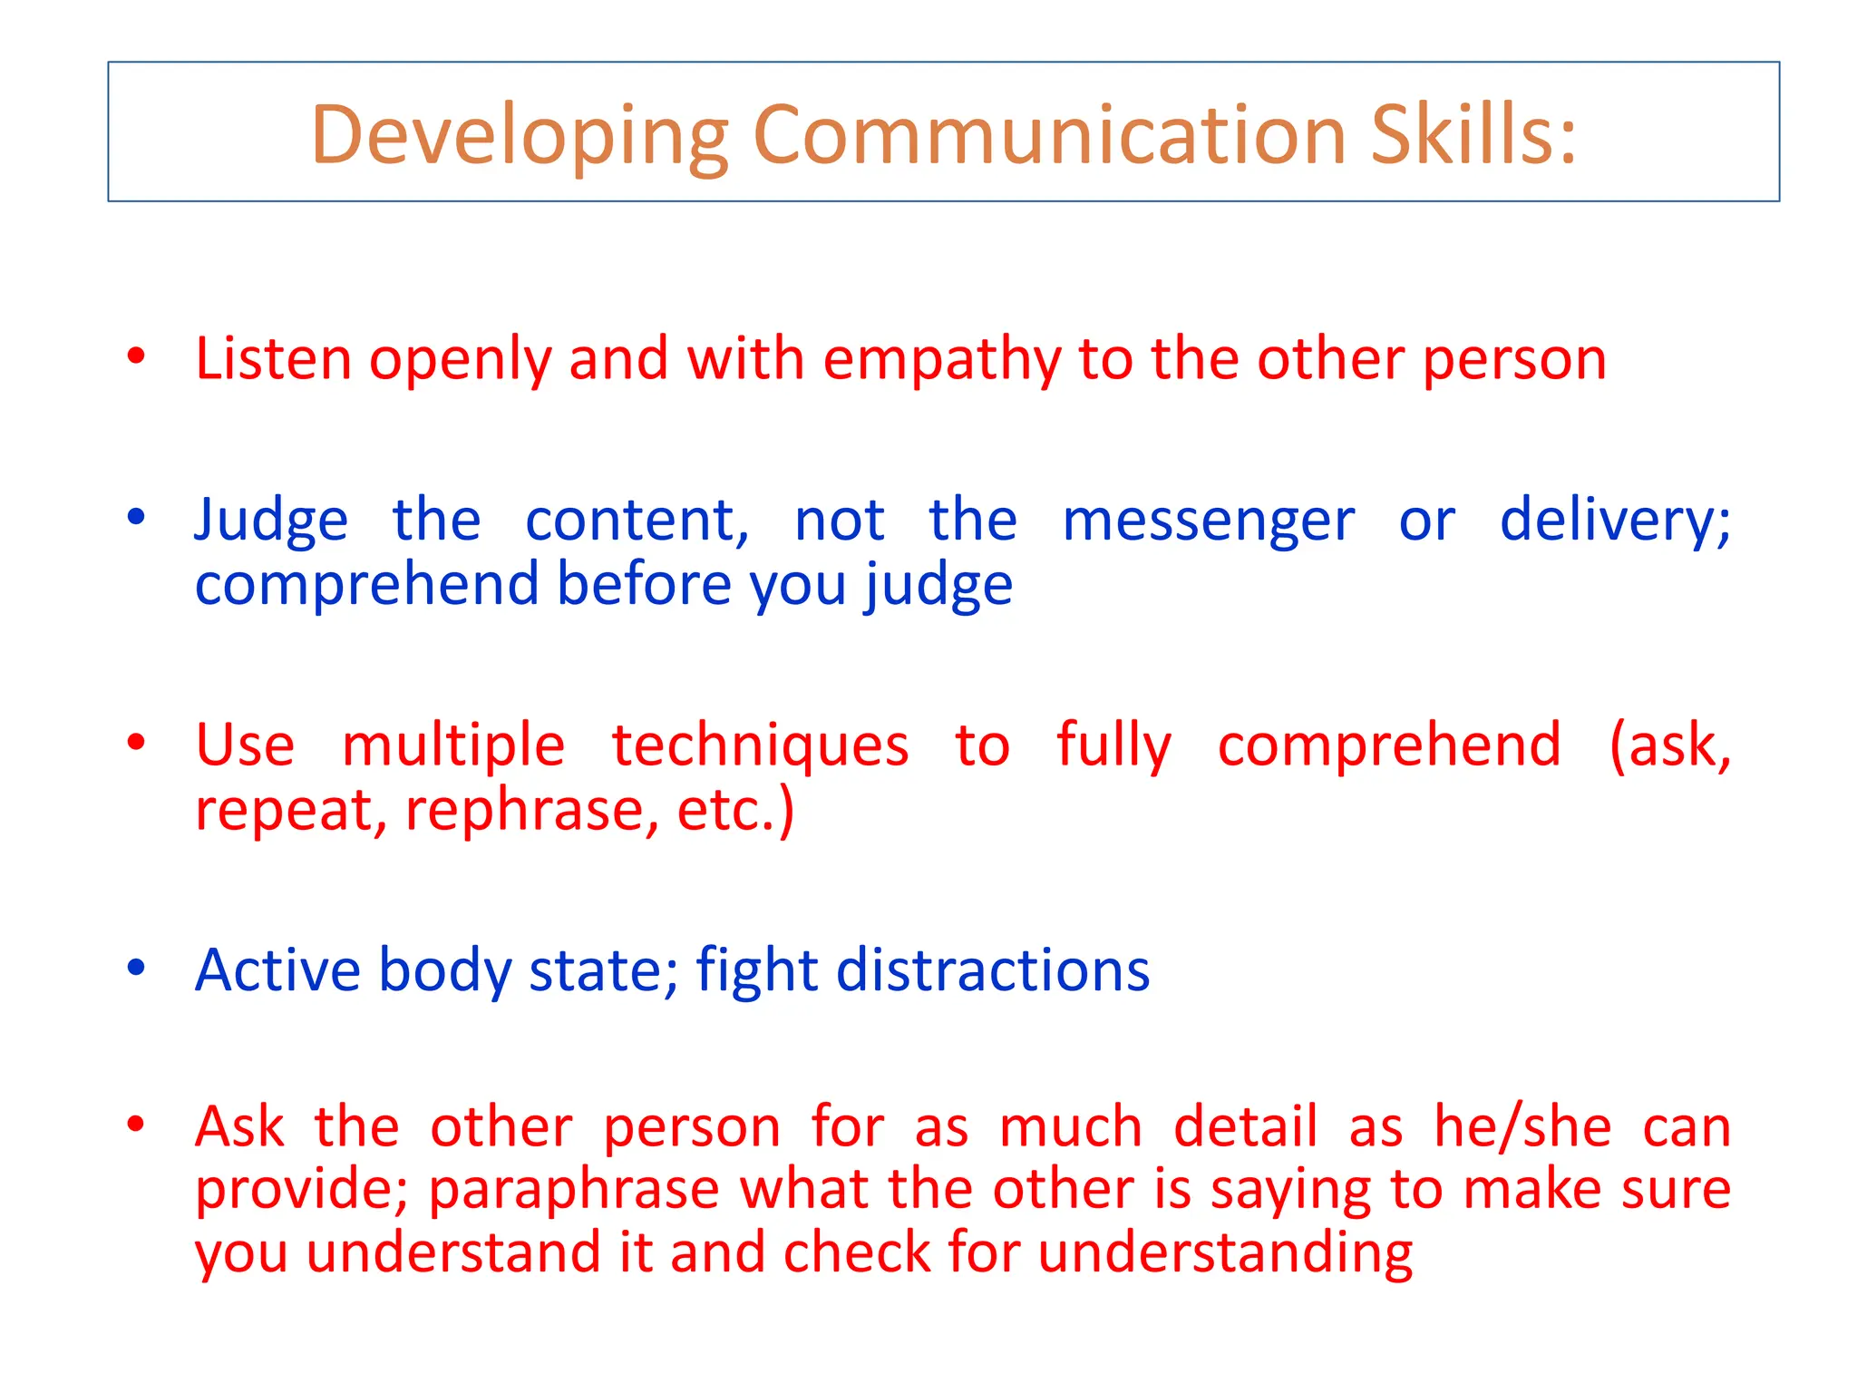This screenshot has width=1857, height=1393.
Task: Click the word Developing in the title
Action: click(520, 136)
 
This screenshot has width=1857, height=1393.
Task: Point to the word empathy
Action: click(941, 360)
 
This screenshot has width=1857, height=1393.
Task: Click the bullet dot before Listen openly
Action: click(136, 356)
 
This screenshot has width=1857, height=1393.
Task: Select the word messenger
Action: click(1208, 521)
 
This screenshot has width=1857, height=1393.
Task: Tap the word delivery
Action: click(1614, 521)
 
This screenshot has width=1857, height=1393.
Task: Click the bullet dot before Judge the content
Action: click(136, 518)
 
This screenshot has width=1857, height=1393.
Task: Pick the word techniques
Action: click(760, 746)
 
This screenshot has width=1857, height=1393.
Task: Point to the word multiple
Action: click(453, 745)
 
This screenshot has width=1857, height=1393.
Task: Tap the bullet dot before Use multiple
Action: click(136, 743)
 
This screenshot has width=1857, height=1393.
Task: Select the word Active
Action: click(277, 969)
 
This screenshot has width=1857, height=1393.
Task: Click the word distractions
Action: click(992, 969)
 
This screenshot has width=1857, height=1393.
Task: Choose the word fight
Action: click(757, 971)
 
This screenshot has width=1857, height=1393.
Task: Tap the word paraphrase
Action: click(573, 1190)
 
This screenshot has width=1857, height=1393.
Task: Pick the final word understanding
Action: click(1225, 1253)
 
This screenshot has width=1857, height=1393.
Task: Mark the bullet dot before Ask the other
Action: click(136, 1125)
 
